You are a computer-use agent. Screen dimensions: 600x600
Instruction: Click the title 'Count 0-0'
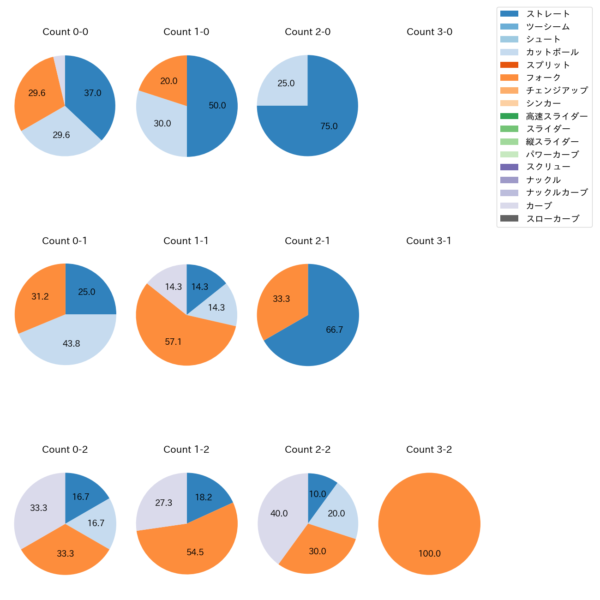click(x=65, y=32)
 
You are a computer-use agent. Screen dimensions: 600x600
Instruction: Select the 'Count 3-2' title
click(x=429, y=450)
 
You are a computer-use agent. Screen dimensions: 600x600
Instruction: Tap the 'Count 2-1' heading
click(x=307, y=241)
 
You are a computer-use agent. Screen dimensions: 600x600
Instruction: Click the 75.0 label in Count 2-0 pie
click(x=329, y=126)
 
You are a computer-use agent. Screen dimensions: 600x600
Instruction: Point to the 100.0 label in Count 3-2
click(x=429, y=553)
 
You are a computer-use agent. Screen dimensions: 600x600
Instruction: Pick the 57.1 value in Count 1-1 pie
click(x=173, y=342)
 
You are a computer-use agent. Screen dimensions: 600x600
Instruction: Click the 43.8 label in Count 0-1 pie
click(x=71, y=343)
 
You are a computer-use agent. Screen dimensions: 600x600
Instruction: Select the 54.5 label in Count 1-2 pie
click(x=195, y=552)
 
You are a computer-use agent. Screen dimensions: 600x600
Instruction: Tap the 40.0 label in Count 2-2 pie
click(x=279, y=513)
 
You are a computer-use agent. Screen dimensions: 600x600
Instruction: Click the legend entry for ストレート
click(x=548, y=14)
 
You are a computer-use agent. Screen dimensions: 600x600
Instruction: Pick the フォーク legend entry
click(x=543, y=78)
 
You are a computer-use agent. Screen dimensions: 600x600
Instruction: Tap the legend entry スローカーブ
click(x=552, y=219)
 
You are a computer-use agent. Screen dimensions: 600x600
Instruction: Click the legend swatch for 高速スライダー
click(x=509, y=116)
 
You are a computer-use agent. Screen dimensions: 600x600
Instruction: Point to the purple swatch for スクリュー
click(x=509, y=167)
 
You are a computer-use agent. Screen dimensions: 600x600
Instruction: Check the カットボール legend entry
click(x=552, y=52)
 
